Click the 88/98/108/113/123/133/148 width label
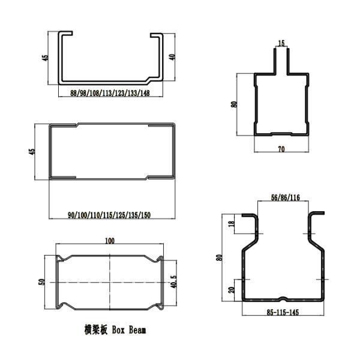110,93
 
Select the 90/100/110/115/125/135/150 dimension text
109,215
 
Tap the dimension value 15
281,43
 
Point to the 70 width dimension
281,149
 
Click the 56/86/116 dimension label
286,197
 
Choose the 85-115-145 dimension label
283,312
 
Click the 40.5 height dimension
174,282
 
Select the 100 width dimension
110,241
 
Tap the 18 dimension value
232,223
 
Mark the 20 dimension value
232,290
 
